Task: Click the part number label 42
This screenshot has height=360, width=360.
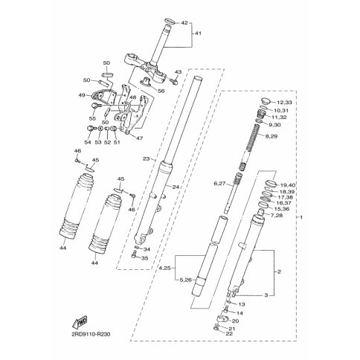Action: coord(184,23)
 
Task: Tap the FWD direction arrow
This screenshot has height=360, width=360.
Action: coord(80,322)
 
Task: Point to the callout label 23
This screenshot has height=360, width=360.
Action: coord(147,158)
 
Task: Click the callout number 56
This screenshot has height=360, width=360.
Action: coord(161,91)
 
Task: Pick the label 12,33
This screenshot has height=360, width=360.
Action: coord(285,103)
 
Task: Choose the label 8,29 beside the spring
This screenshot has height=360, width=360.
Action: coord(271,136)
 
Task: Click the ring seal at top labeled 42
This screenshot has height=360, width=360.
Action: coord(170,22)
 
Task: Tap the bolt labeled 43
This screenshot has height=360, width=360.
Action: coord(173,81)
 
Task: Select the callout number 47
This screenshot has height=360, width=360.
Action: coord(140,138)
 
